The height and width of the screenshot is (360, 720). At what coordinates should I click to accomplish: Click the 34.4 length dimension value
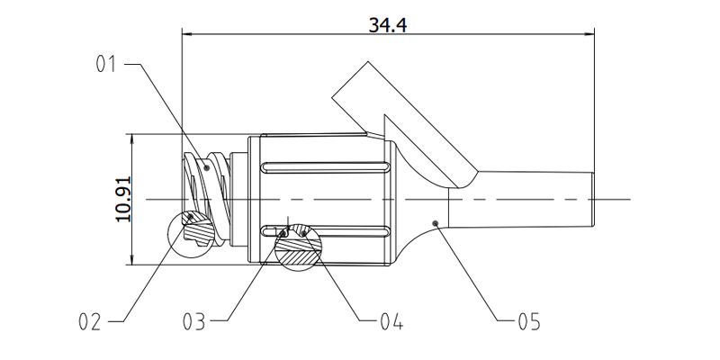pyautogui.click(x=388, y=24)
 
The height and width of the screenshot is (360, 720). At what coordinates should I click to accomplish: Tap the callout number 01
pyautogui.click(x=107, y=65)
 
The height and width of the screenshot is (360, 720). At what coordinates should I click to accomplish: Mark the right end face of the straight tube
pyautogui.click(x=594, y=198)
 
